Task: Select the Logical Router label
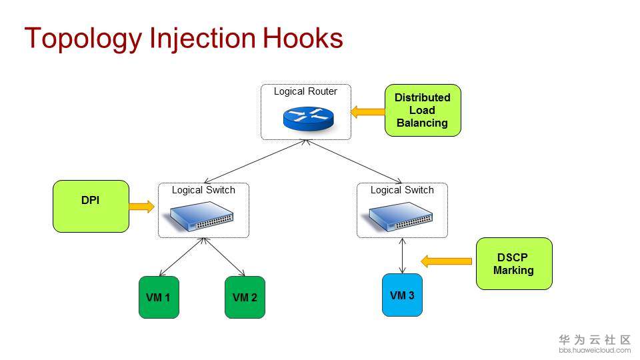click(x=305, y=91)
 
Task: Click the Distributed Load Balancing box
click(x=423, y=110)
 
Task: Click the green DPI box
click(x=91, y=206)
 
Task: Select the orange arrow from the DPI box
click(x=140, y=207)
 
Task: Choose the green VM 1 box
click(x=159, y=297)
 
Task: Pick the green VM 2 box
click(x=245, y=297)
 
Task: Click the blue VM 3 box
click(x=402, y=295)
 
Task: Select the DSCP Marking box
click(x=514, y=264)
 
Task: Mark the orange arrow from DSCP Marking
click(x=447, y=261)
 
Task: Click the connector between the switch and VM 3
click(x=402, y=255)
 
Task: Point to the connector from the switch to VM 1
click(x=181, y=257)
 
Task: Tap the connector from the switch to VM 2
click(x=224, y=257)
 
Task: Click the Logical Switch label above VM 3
click(x=402, y=190)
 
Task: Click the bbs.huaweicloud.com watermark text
click(x=595, y=350)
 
